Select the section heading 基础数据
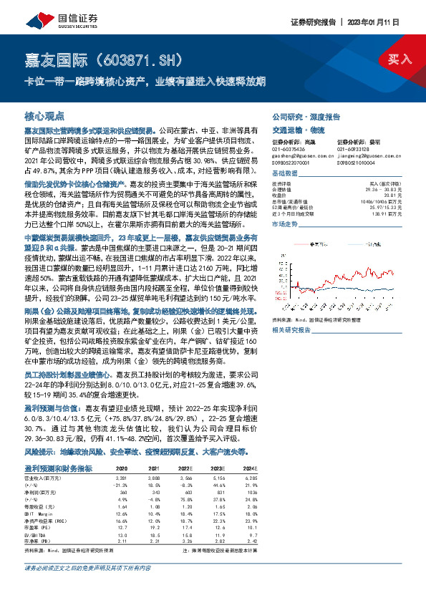pyautogui.click(x=284, y=174)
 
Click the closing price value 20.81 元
pyautogui.click(x=392, y=196)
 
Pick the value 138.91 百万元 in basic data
pyautogui.click(x=389, y=214)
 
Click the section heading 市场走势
pyautogui.click(x=284, y=225)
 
